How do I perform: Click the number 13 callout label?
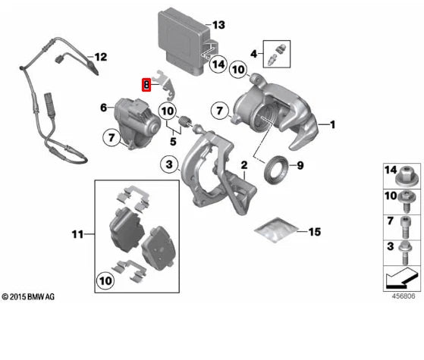pyautogui.click(x=218, y=25)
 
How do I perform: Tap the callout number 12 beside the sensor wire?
pyautogui.click(x=101, y=56)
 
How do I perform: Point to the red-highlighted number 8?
pyautogui.click(x=147, y=84)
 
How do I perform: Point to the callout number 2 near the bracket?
pyautogui.click(x=244, y=164)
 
